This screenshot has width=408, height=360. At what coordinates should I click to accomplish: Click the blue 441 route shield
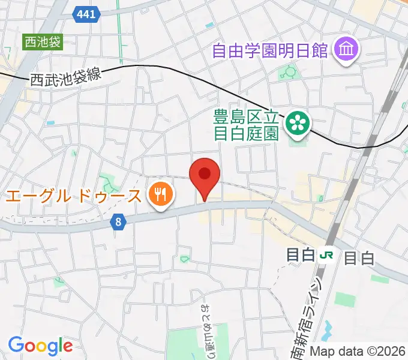pos(86,14)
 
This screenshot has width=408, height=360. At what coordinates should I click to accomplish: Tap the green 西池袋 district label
pos(42,43)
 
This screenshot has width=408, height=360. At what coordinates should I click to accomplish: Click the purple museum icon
pos(347,48)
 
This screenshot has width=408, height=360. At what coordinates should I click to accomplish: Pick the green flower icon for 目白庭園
pos(296,123)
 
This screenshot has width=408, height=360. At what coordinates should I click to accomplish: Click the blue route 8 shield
pos(119,222)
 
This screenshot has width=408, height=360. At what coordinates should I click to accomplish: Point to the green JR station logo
pos(326,256)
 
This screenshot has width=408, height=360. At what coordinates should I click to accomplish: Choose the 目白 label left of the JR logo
pos(301,256)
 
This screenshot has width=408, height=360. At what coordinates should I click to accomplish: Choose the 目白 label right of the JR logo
pos(359,258)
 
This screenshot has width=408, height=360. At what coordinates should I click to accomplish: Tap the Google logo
pos(40,346)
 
